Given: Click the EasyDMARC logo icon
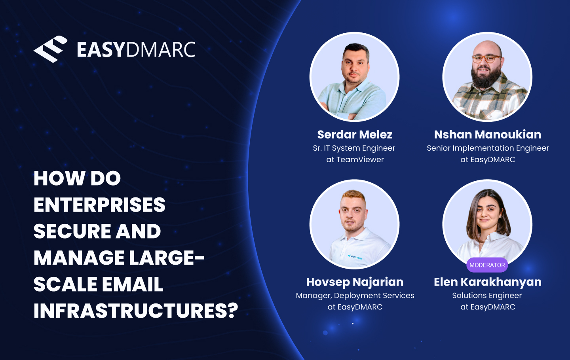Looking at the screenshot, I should click(x=50, y=49).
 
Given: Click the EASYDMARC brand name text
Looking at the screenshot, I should click(x=136, y=50).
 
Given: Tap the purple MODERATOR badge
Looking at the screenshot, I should click(x=487, y=265).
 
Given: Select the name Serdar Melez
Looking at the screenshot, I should click(x=355, y=135).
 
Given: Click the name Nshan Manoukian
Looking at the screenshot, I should click(x=487, y=135).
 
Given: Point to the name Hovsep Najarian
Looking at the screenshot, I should click(x=355, y=282).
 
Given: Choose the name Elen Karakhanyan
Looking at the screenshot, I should click(x=487, y=282).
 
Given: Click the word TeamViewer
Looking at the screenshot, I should click(x=360, y=160).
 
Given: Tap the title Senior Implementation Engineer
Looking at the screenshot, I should click(x=488, y=148).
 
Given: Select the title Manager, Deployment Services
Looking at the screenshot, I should click(x=355, y=296).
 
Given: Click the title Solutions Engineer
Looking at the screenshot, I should click(x=487, y=296).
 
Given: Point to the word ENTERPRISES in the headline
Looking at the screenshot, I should click(x=99, y=205).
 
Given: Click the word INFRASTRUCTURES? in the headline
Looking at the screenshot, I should click(x=136, y=311).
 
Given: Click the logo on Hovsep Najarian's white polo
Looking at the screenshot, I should click(x=355, y=257).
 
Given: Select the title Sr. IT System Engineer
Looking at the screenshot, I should click(x=354, y=148).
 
